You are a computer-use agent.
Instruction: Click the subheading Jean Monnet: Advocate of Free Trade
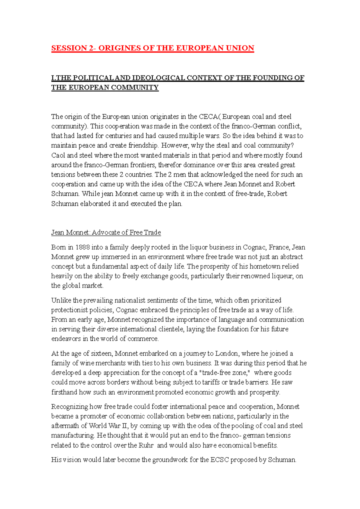click(x=106, y=233)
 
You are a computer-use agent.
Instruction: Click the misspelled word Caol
click(x=58, y=155)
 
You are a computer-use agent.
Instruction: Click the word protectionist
click(x=69, y=310)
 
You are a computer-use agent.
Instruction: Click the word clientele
click(x=171, y=329)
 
